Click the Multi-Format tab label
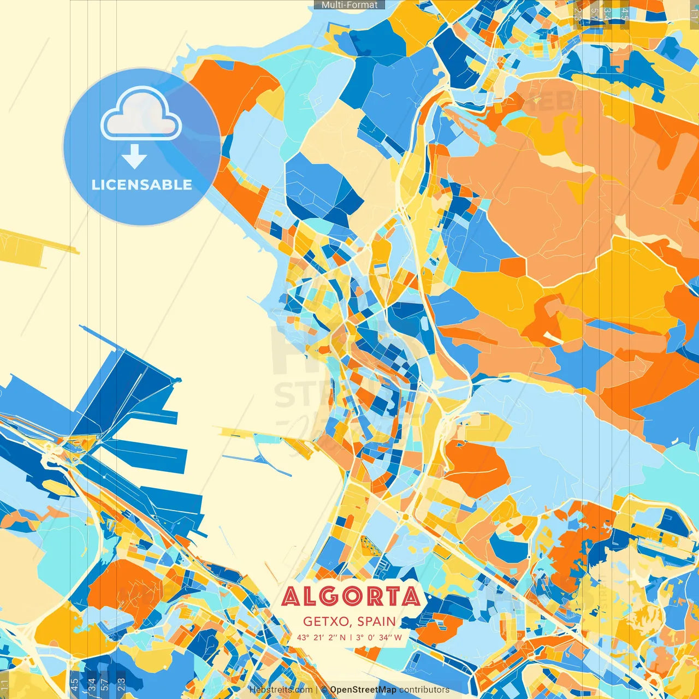pyautogui.click(x=349, y=5)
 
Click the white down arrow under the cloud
pyautogui.click(x=134, y=157)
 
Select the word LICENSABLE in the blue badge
pyautogui.click(x=142, y=185)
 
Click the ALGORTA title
pyautogui.click(x=351, y=596)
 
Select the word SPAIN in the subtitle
pyautogui.click(x=377, y=621)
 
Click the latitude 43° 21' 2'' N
pyautogui.click(x=322, y=637)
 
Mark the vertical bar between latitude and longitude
pyautogui.click(x=352, y=637)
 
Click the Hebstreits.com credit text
pyautogui.click(x=281, y=690)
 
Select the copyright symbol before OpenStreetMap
pyautogui.click(x=324, y=690)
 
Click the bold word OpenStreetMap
pyautogui.click(x=363, y=690)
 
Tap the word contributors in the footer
pyautogui.click(x=424, y=690)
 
